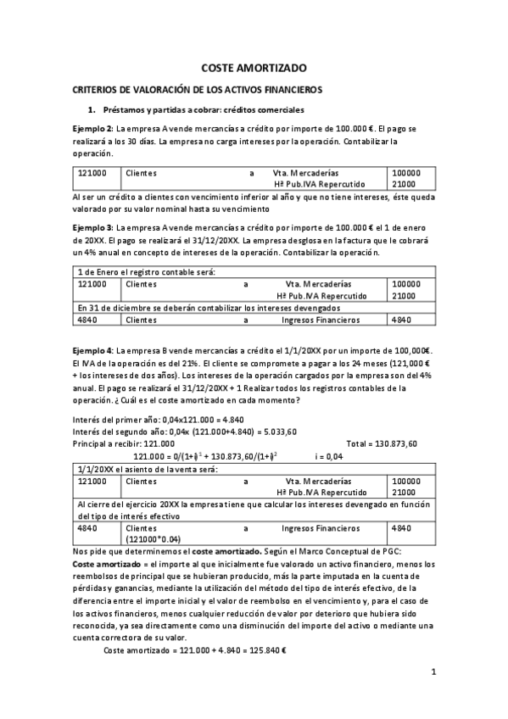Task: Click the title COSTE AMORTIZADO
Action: point(254,67)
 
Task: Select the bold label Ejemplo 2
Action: point(92,128)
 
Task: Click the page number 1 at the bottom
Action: point(433,673)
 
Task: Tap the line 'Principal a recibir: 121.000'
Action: point(125,443)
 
